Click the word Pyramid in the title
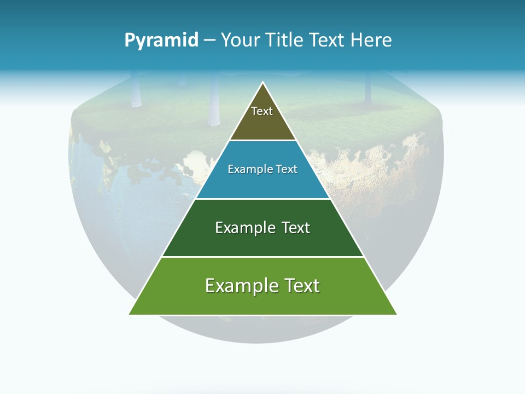pos(161,40)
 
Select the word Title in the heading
pos(285,40)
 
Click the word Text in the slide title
pos(328,40)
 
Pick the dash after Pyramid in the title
pos(209,40)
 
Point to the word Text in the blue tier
pos(286,170)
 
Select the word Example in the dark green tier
pos(244,228)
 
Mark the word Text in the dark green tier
pos(296,228)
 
